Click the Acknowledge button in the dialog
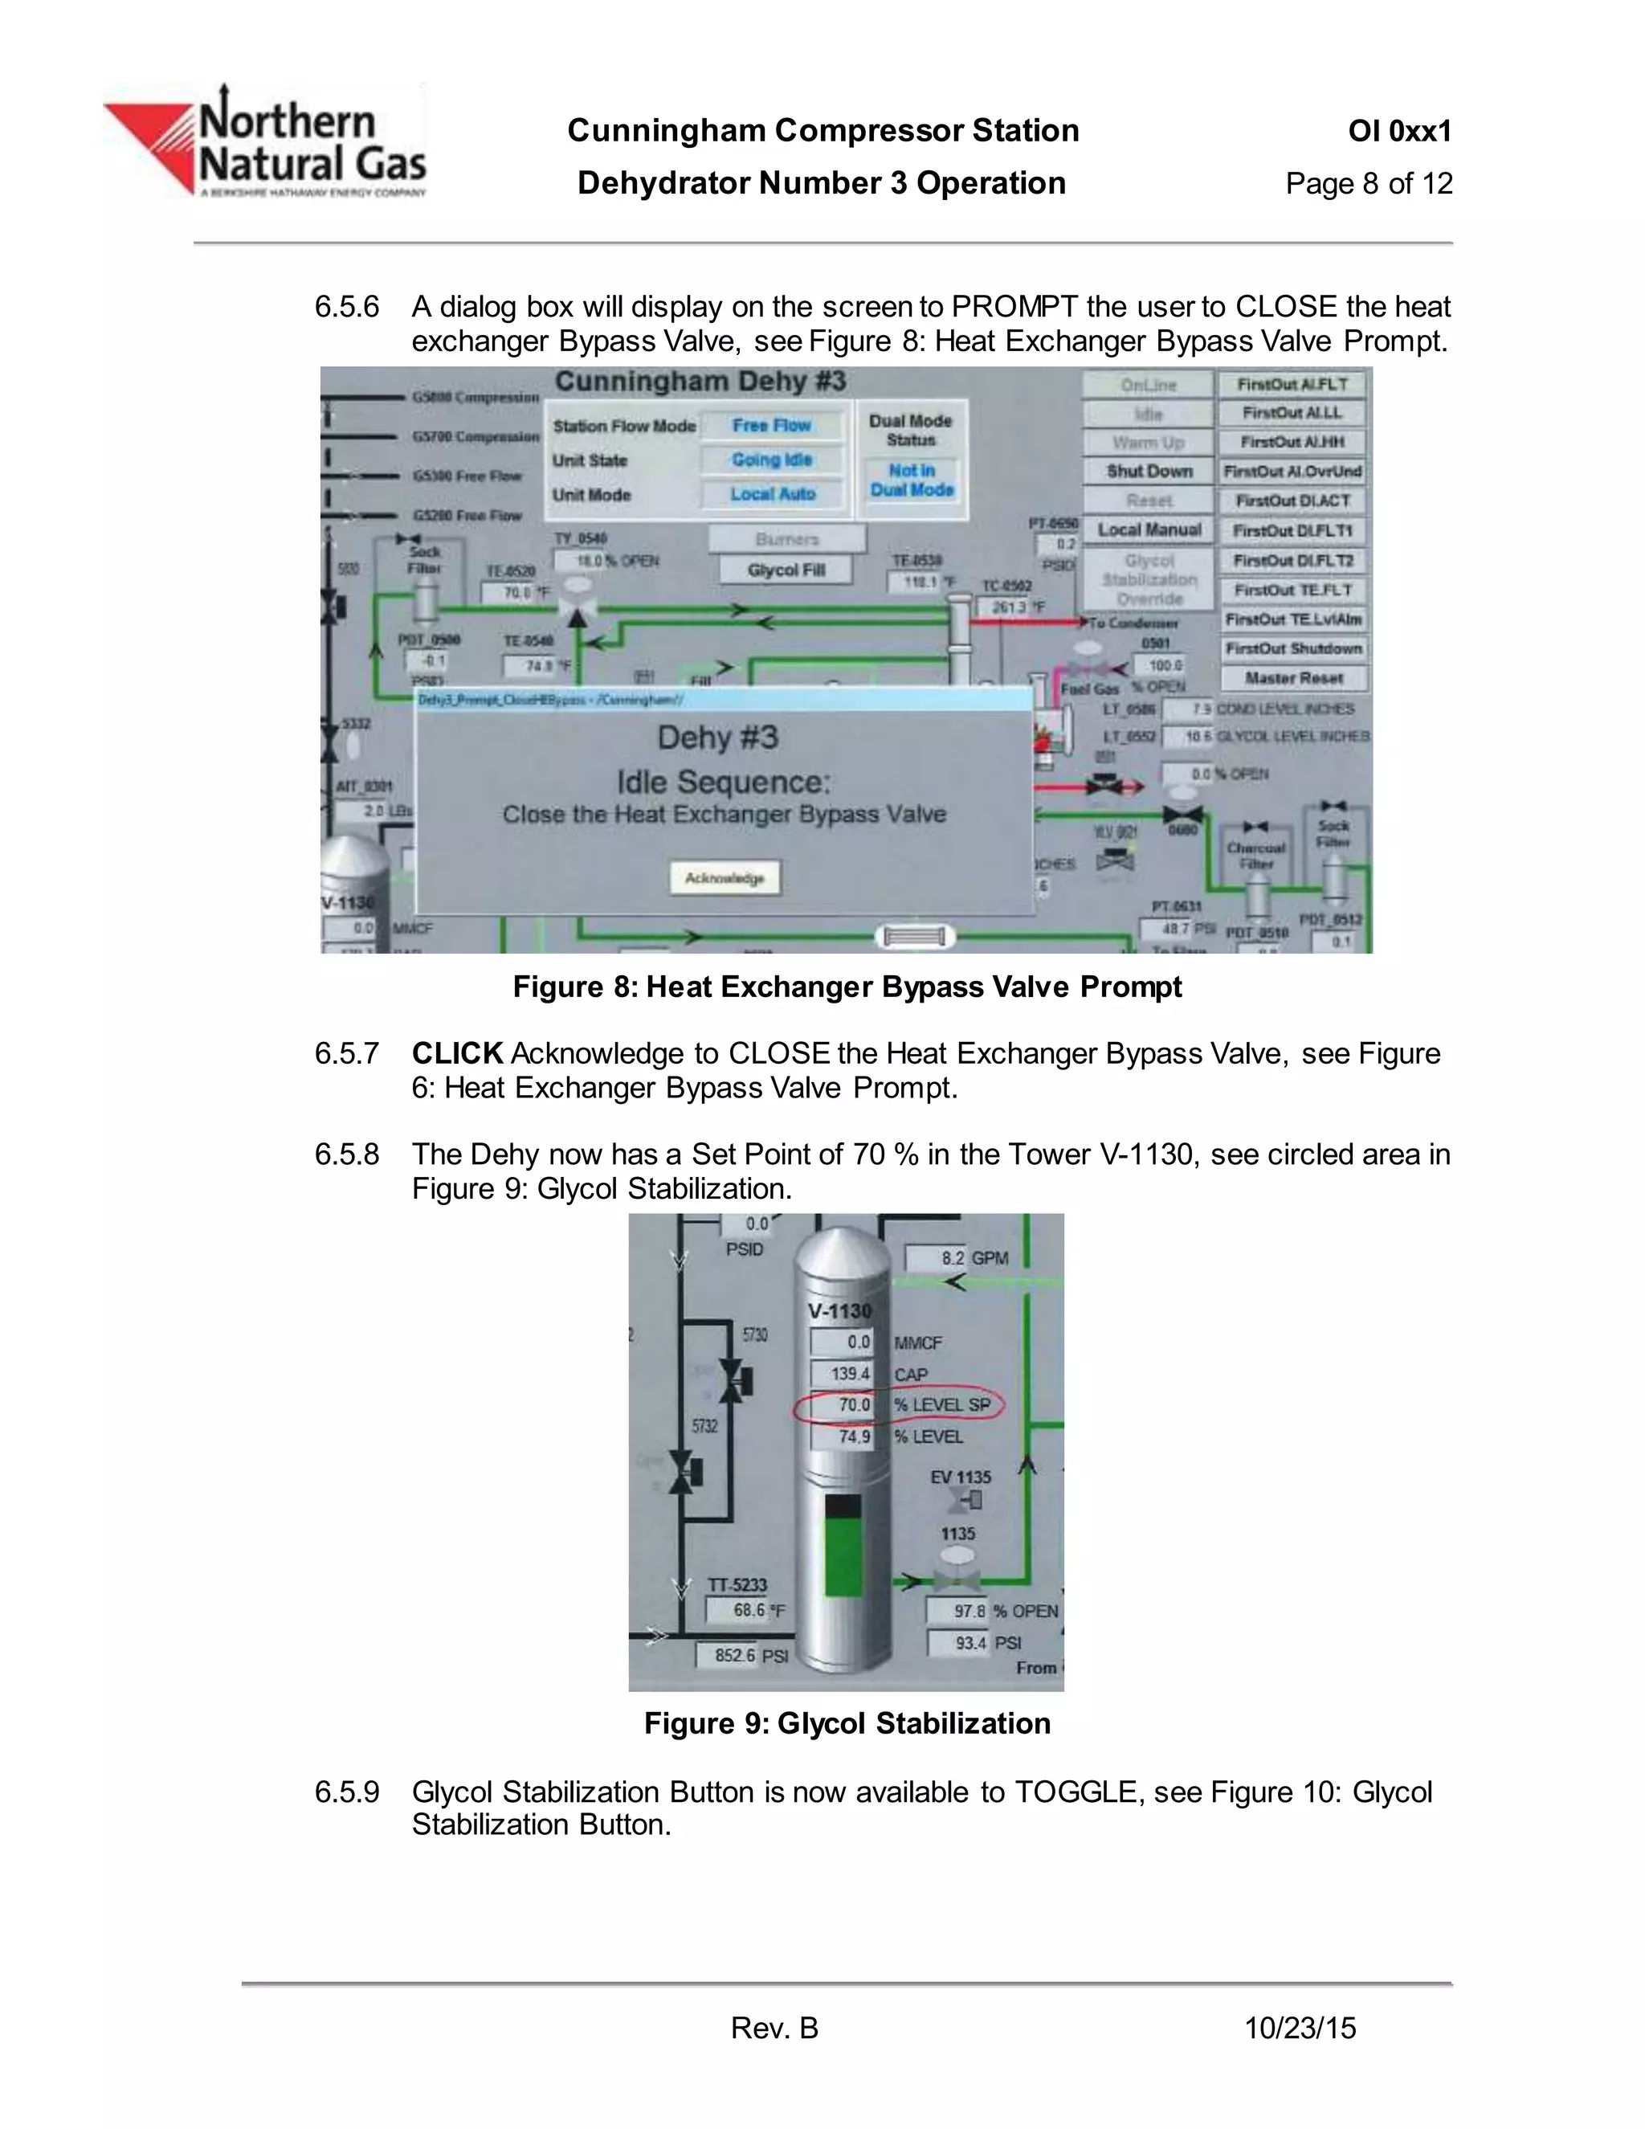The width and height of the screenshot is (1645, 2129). pyautogui.click(x=724, y=878)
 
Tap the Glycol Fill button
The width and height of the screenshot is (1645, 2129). pyautogui.click(x=786, y=570)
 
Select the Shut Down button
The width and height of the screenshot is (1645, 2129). pyautogui.click(x=1149, y=471)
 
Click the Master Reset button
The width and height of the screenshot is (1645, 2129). pyautogui.click(x=1293, y=677)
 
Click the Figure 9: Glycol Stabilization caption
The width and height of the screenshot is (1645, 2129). pyautogui.click(x=847, y=1723)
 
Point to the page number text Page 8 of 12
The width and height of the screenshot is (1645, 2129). pyautogui.click(x=1368, y=183)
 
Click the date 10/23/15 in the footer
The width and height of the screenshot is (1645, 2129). pyautogui.click(x=1300, y=2029)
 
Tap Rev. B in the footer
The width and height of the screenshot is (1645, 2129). pyautogui.click(x=775, y=2029)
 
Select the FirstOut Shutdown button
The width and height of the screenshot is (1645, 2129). pyautogui.click(x=1293, y=648)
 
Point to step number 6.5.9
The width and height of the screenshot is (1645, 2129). pyautogui.click(x=346, y=1792)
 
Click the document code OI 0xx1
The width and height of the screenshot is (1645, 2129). pyautogui.click(x=1399, y=131)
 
